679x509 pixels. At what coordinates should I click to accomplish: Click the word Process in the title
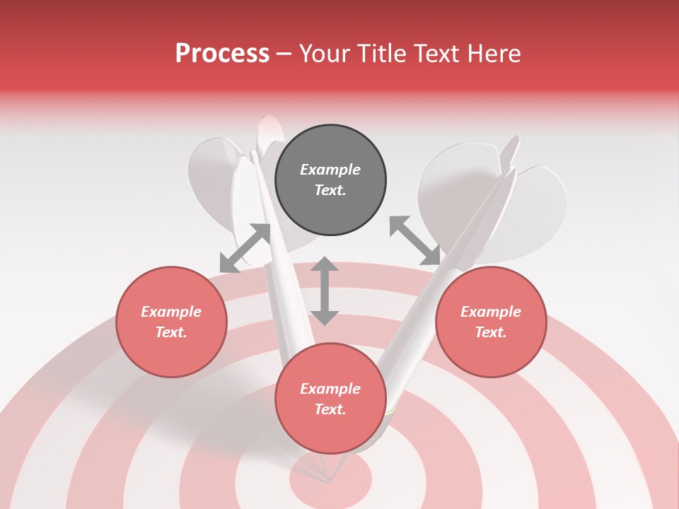point(222,54)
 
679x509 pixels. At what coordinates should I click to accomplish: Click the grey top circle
point(330,180)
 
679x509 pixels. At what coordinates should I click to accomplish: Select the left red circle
point(171,322)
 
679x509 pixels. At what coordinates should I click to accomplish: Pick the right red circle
point(491,322)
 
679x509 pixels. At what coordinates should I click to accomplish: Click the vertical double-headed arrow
point(325,291)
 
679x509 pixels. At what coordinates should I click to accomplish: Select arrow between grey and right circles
point(415,241)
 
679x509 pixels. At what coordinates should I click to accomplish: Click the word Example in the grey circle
point(330,170)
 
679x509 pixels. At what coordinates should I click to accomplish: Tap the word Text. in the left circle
point(171,332)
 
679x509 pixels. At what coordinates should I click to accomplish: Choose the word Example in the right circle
point(491,312)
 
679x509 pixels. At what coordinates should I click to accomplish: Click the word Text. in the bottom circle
point(330,409)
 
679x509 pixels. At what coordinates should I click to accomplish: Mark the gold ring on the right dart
point(388,410)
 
